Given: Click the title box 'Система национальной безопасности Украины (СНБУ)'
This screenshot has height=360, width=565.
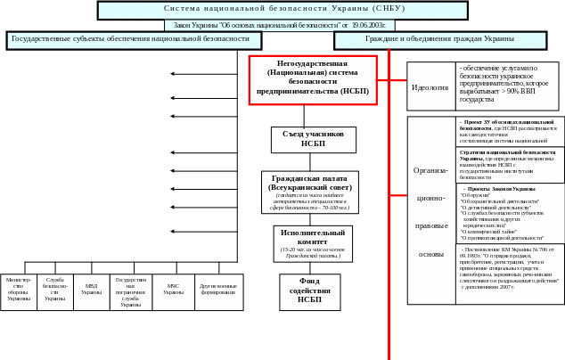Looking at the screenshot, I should (282, 10).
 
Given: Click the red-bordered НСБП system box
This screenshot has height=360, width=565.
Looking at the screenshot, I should (312, 79).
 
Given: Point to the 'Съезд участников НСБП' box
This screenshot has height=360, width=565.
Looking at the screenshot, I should (313, 140).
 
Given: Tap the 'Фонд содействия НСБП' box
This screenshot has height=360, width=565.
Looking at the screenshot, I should (310, 291).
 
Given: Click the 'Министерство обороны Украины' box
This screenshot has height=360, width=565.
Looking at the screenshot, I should (18, 291).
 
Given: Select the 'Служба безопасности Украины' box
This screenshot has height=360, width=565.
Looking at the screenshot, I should (54, 291).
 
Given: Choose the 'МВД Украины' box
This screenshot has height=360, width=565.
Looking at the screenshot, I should (91, 291).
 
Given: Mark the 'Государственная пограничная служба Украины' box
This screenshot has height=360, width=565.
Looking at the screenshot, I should (130, 291).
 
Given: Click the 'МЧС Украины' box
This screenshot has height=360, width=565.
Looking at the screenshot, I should (173, 291).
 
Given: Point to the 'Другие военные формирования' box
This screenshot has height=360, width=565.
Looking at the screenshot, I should (218, 291).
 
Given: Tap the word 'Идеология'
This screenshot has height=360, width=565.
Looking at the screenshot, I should (430, 87).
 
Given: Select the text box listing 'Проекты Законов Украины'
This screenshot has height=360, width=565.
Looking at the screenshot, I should (511, 214).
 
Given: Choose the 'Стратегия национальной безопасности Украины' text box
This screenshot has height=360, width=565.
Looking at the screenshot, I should (511, 165).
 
